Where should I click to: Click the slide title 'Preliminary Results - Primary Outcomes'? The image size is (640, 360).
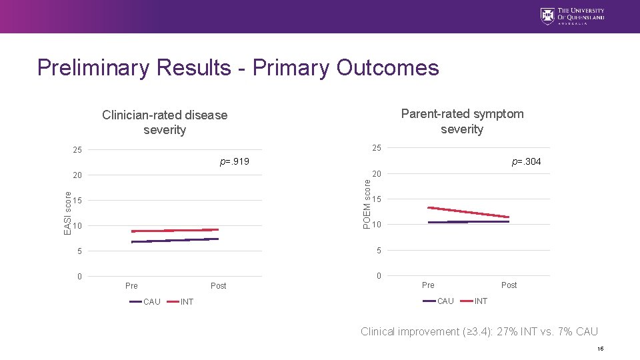(x=238, y=67)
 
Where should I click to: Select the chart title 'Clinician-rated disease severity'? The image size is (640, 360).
(x=165, y=122)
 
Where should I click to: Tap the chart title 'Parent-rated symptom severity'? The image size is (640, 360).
(x=462, y=121)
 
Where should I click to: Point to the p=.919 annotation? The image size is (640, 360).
(x=234, y=162)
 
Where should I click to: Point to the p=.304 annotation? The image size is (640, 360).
(x=526, y=161)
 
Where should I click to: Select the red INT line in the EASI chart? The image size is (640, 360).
(x=175, y=231)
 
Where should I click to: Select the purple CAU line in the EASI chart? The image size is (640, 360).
(x=175, y=240)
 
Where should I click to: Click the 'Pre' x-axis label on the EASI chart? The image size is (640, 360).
(x=131, y=286)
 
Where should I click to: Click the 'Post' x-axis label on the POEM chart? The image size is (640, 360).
(x=509, y=285)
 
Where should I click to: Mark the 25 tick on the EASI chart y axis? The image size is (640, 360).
(x=77, y=150)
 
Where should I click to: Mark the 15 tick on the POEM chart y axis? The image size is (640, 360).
(x=377, y=199)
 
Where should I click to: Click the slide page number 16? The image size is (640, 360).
(x=601, y=349)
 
